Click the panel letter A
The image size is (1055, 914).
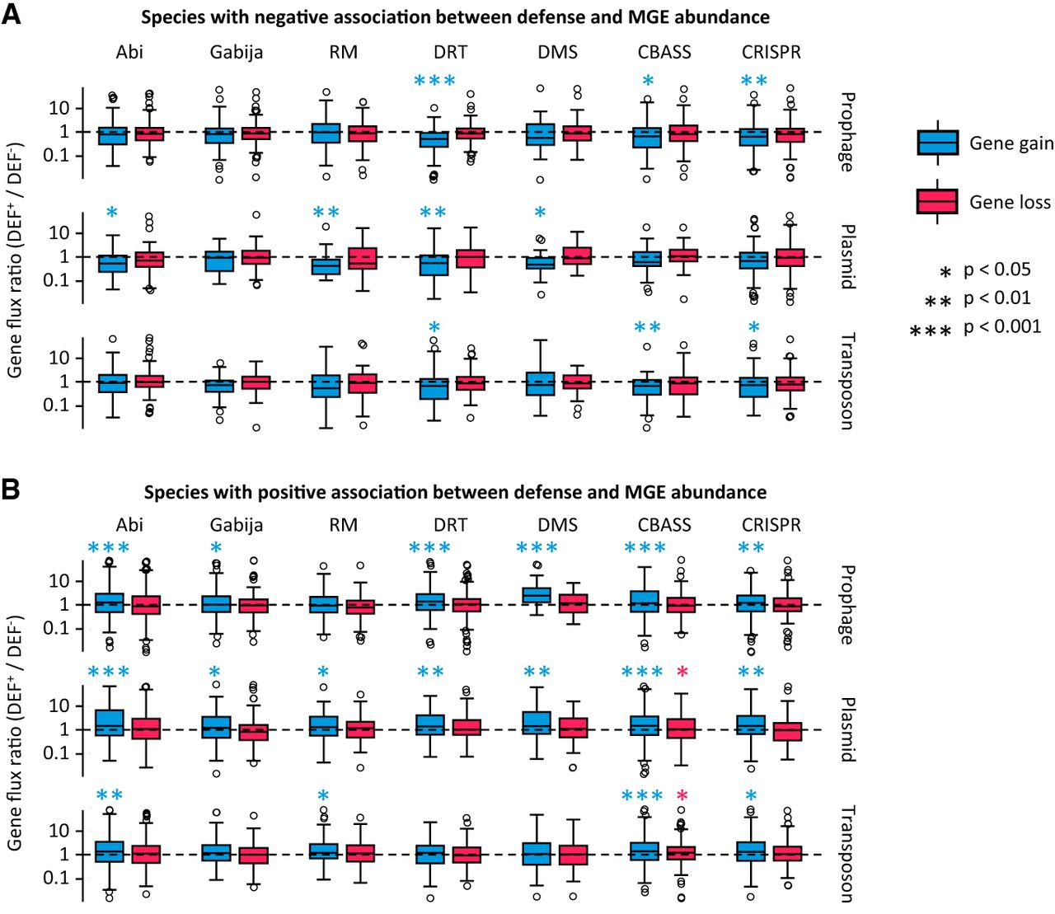pos(12,15)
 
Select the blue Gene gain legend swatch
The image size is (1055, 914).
pos(937,143)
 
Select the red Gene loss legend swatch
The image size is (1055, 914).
pos(937,202)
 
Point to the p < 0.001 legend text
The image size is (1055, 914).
pos(1002,326)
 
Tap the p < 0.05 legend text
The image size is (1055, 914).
pos(996,270)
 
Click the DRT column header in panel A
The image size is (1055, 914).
pos(450,53)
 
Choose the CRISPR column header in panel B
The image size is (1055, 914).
pos(771,525)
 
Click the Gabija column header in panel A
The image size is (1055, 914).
pos(237,53)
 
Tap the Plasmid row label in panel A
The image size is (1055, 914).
pos(847,256)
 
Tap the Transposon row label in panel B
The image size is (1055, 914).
pos(847,853)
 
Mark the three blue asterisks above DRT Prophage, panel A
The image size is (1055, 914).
pos(434,81)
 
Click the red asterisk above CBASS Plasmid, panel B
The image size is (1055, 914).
pos(682,673)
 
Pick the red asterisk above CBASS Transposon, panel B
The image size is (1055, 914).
pos(682,796)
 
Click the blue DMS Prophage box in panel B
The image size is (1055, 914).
pos(537,595)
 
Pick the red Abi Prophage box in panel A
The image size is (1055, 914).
pos(149,134)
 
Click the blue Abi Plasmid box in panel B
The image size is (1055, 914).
pos(110,723)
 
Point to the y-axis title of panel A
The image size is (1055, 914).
pos(15,260)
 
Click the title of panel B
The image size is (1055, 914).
pos(455,492)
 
